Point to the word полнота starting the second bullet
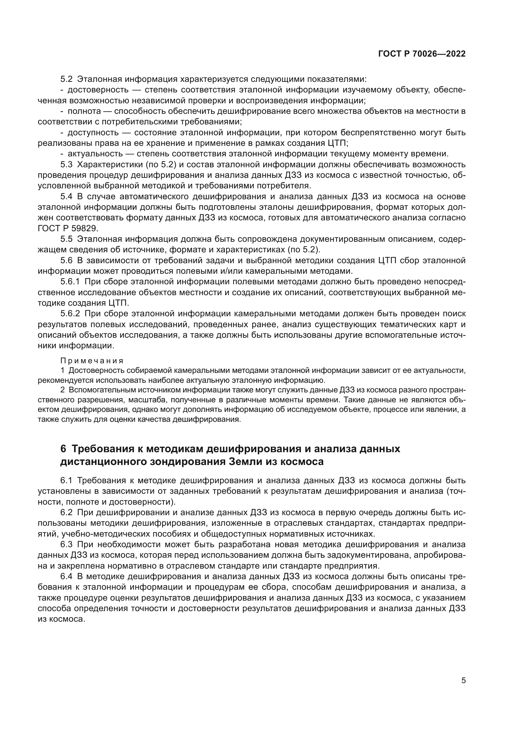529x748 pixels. (84, 111)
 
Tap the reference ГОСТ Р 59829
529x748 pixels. (68, 228)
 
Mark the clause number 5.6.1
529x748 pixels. (70, 282)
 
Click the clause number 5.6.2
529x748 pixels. (70, 314)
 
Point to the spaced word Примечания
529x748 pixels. (92, 361)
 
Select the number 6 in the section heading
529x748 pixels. (63, 449)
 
